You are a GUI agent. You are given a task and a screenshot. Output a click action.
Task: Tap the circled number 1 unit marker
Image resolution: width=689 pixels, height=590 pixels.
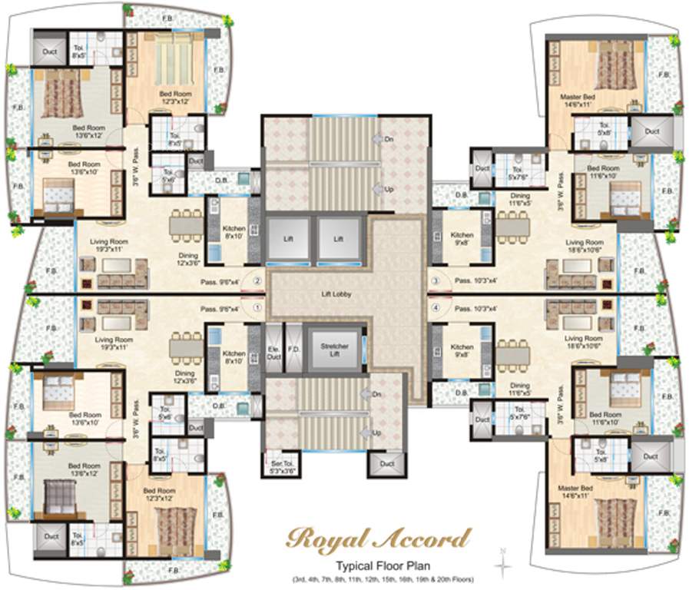point(257,309)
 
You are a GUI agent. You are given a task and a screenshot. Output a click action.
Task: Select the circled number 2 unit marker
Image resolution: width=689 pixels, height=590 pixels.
point(257,281)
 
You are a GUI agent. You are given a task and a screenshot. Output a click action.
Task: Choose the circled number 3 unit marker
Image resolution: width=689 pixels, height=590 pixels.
point(435,281)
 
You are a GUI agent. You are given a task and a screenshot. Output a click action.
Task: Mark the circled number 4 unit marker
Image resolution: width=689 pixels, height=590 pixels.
point(435,309)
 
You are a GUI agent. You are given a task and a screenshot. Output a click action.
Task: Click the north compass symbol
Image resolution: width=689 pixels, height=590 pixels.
point(503,565)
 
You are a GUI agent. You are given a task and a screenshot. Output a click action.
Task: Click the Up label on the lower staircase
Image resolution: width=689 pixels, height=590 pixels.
point(376,433)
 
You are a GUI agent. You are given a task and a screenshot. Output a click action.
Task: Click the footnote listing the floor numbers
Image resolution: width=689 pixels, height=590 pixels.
point(380,578)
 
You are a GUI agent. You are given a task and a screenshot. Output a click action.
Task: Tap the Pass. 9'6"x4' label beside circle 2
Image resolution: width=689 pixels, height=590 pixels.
point(219,282)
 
